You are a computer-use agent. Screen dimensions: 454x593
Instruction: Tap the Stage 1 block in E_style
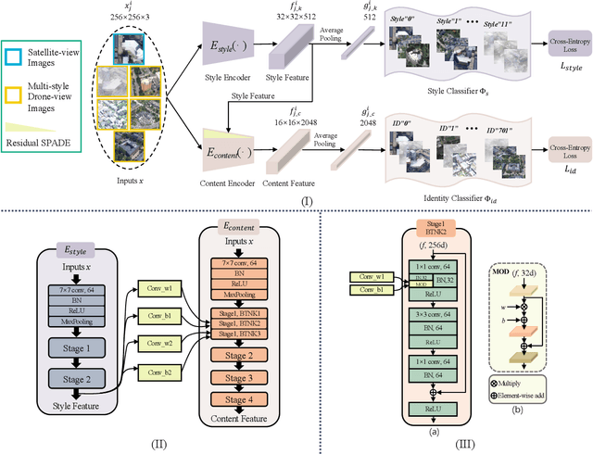[82, 351]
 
